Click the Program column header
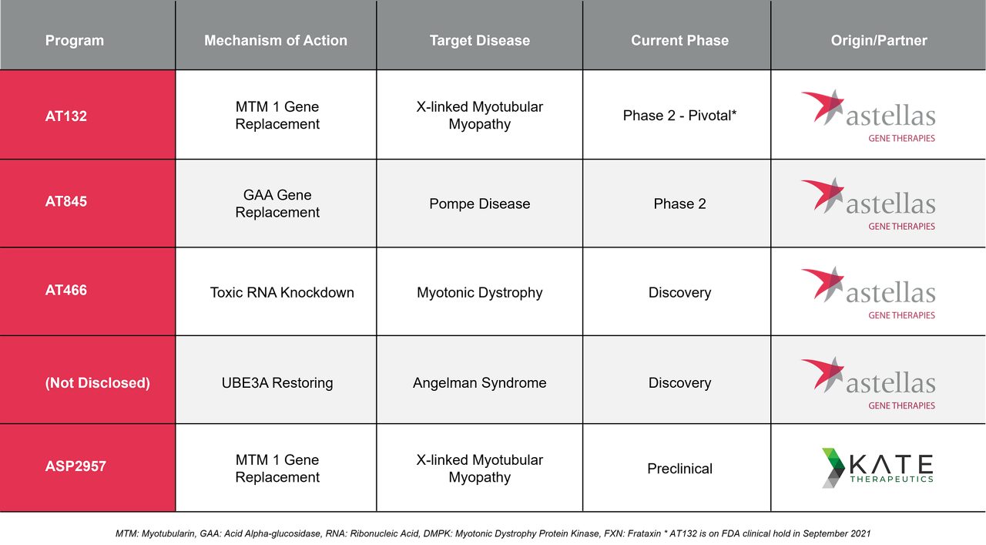pos(75,41)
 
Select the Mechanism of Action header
pos(276,41)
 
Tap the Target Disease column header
pos(480,41)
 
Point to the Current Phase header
pos(679,41)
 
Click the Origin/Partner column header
pos(879,41)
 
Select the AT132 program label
pos(66,116)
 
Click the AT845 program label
pos(66,201)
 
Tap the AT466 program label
pos(66,290)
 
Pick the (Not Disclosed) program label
pos(97,382)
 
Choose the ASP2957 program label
pos(75,466)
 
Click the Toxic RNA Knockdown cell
pos(282,293)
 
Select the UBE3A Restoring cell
pos(277,383)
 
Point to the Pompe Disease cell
pos(480,204)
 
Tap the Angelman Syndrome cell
pos(480,383)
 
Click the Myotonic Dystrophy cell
pos(480,293)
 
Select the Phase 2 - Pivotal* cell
pos(679,116)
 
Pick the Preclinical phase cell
pos(679,469)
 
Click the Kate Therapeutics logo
pos(877,469)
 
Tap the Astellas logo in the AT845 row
pos(868,204)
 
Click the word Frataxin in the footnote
pos(644,533)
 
